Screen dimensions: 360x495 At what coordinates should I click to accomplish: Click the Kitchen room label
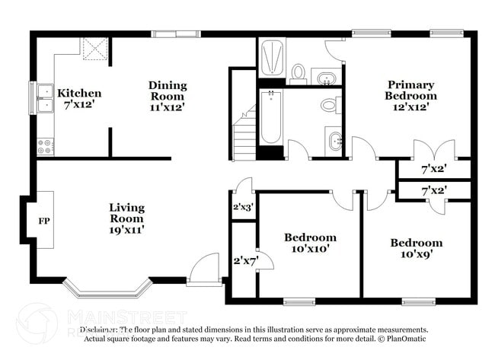(x=79, y=98)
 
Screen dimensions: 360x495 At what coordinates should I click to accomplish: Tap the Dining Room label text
(x=167, y=96)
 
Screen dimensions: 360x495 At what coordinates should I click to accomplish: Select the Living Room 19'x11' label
(x=126, y=218)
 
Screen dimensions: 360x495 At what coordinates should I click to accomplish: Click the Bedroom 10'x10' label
(x=310, y=243)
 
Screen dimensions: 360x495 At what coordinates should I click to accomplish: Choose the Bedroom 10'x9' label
(x=416, y=248)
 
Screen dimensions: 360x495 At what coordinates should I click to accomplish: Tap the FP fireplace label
(x=44, y=221)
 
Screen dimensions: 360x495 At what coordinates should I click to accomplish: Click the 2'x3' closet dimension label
(x=242, y=206)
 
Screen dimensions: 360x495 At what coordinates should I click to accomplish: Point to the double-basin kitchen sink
(x=44, y=98)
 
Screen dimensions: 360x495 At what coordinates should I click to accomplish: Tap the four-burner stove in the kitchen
(x=46, y=145)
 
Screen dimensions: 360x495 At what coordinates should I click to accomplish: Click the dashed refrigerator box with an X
(x=95, y=49)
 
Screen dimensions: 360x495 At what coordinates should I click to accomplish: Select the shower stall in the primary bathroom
(x=272, y=58)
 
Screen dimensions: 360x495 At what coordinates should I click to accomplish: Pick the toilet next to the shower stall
(x=299, y=73)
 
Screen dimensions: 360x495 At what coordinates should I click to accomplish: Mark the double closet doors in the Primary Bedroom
(x=433, y=150)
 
